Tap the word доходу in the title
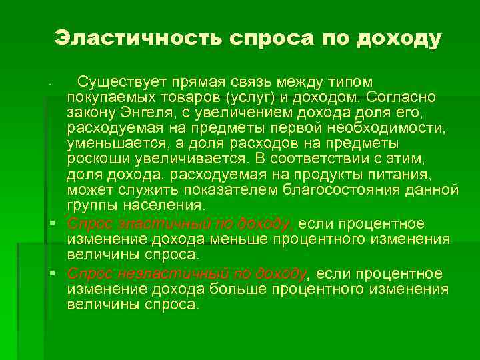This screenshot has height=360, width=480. click(x=399, y=39)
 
